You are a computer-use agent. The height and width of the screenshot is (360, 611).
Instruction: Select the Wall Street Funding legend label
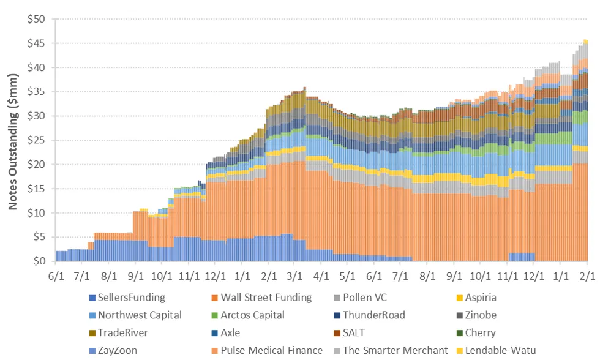265,298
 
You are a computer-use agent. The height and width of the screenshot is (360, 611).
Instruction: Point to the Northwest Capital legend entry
140,315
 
